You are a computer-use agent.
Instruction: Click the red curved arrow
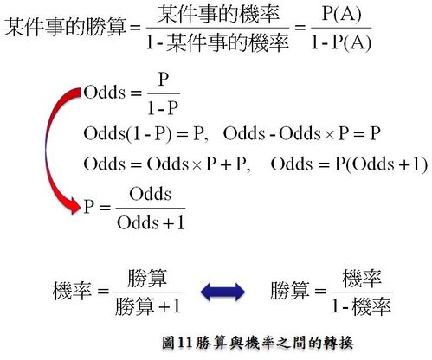[47, 150]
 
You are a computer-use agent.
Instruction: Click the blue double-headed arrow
[222, 292]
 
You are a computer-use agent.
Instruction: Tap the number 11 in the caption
[185, 343]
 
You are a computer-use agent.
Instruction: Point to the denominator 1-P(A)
[341, 42]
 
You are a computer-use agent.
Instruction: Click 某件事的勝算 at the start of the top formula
[65, 27]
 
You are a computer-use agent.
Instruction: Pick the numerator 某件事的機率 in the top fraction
[218, 15]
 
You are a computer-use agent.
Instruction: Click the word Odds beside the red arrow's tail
[105, 93]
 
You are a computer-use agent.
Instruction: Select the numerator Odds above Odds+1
[150, 194]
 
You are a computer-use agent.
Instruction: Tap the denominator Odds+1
[151, 222]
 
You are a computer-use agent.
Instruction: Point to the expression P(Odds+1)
[381, 164]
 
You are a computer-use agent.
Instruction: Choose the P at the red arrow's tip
[89, 207]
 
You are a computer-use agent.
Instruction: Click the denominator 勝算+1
[148, 306]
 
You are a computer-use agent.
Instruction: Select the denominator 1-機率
[361, 306]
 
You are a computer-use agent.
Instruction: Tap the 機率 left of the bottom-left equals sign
[72, 291]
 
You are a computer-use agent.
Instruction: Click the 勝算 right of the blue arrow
[290, 291]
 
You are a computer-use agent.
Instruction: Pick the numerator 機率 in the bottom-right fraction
[362, 279]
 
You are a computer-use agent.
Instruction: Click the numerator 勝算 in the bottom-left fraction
[147, 279]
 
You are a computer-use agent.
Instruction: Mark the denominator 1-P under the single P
[163, 108]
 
